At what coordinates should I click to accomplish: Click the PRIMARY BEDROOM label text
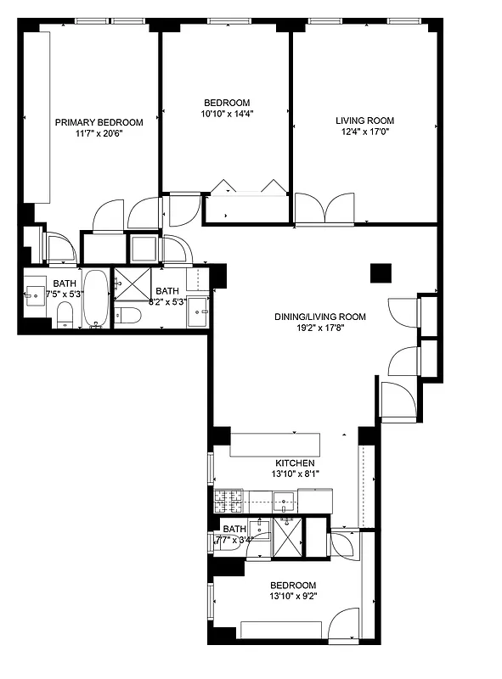pyautogui.click(x=99, y=122)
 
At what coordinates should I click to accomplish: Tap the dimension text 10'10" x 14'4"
pyautogui.click(x=228, y=113)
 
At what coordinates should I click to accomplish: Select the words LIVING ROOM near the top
pyautogui.click(x=364, y=121)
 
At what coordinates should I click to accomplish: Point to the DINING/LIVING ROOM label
pyautogui.click(x=319, y=317)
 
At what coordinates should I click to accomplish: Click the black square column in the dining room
pyautogui.click(x=381, y=273)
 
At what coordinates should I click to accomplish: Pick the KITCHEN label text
pyautogui.click(x=295, y=463)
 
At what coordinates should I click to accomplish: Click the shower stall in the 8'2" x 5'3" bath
pyautogui.click(x=132, y=284)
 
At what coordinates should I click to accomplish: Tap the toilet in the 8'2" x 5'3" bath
pyautogui.click(x=128, y=316)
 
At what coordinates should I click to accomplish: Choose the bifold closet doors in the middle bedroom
pyautogui.click(x=247, y=187)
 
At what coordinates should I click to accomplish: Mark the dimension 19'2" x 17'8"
pyautogui.click(x=319, y=329)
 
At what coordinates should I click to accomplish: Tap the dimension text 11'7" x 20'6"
pyautogui.click(x=99, y=134)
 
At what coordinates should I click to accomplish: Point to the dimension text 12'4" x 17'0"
pyautogui.click(x=364, y=132)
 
